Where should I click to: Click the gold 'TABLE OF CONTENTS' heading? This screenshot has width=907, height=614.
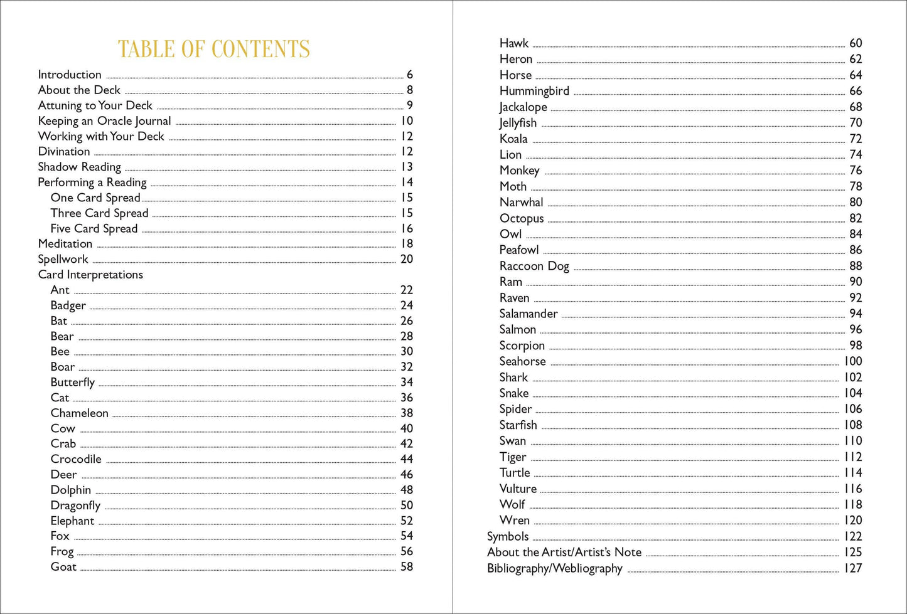[x=213, y=49]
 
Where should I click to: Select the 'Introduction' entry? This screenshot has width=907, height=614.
[x=70, y=75]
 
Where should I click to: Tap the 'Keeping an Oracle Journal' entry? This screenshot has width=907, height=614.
[x=104, y=121]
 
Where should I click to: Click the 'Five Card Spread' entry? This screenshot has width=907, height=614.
[x=94, y=228]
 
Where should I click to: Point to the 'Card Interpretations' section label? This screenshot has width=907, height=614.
[x=90, y=275]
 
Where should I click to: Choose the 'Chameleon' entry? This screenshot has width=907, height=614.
[x=80, y=413]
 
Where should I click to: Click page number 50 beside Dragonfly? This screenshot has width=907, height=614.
[x=407, y=505]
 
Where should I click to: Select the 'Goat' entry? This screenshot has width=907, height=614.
[x=63, y=567]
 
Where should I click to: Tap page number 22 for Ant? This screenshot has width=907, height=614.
[x=407, y=290]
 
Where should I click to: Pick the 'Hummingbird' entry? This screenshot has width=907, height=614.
[x=534, y=91]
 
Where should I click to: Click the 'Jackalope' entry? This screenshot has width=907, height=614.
[x=523, y=107]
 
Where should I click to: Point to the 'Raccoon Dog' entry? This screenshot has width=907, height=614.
[x=534, y=266]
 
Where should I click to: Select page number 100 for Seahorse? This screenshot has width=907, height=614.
[x=852, y=361]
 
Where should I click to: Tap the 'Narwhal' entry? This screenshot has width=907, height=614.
[x=521, y=203]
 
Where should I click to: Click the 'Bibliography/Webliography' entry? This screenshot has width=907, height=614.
[x=555, y=569]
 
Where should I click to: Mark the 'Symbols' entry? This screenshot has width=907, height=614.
[x=508, y=537]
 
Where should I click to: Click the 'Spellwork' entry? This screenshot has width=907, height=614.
[x=63, y=259]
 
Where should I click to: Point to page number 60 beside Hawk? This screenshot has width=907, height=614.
[x=856, y=43]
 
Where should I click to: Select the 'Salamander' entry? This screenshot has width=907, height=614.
[x=529, y=314]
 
